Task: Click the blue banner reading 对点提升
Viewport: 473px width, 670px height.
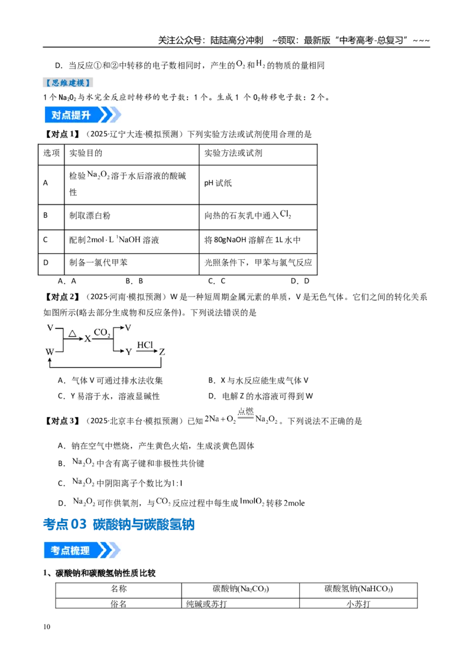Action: [x=82, y=115]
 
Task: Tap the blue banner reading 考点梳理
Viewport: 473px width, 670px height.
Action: [x=82, y=550]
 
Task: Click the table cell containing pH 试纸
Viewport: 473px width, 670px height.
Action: [x=258, y=185]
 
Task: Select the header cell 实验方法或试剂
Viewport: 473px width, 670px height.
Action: [x=258, y=154]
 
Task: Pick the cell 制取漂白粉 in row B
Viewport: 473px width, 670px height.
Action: [x=131, y=217]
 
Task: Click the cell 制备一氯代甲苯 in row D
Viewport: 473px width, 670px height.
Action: [x=131, y=264]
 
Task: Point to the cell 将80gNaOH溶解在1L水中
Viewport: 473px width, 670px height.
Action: [x=258, y=241]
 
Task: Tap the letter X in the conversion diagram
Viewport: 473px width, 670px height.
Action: [x=88, y=339]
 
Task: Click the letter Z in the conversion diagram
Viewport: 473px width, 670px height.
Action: [x=162, y=352]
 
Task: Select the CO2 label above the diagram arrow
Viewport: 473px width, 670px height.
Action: [x=102, y=333]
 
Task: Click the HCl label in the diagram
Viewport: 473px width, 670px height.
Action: [x=145, y=345]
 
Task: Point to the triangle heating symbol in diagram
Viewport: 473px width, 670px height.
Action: [x=73, y=333]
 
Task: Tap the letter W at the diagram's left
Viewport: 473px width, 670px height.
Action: [x=50, y=352]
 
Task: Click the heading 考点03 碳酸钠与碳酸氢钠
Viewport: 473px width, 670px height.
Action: [x=119, y=524]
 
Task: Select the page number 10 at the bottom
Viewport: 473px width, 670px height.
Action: [x=47, y=627]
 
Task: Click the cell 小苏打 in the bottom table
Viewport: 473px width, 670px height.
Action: [x=358, y=603]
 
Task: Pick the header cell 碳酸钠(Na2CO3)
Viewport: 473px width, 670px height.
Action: [x=240, y=590]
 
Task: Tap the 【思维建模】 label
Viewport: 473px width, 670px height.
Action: [x=68, y=82]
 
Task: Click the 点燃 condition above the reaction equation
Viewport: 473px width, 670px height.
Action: [x=245, y=412]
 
